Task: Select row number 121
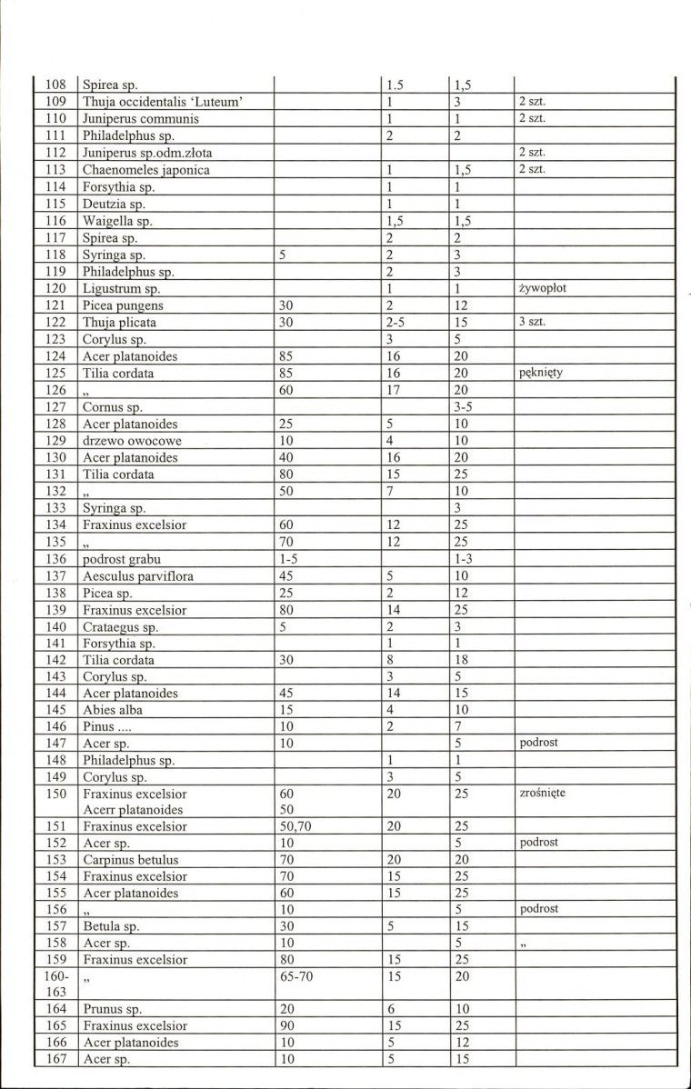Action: [55, 306]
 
